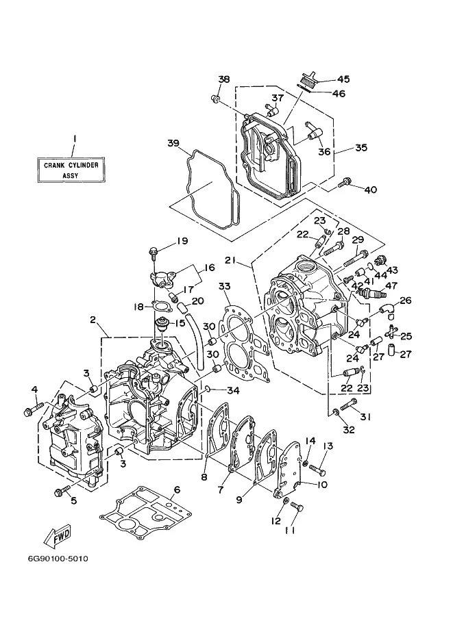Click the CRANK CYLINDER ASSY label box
71,169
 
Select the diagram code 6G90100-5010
58,559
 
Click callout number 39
173,143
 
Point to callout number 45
343,79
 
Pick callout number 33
225,286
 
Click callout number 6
177,490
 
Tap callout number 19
182,241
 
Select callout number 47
391,285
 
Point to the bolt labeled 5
62,491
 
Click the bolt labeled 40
344,183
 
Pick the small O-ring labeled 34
208,389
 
